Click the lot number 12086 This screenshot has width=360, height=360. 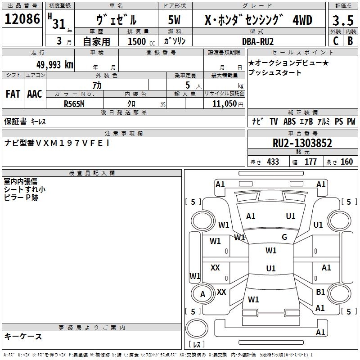click(x=22, y=20)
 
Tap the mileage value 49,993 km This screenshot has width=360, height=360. click(x=51, y=65)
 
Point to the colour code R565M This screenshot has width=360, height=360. click(x=75, y=103)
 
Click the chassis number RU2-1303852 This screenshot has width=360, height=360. click(x=302, y=144)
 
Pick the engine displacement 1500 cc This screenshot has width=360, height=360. click(x=139, y=41)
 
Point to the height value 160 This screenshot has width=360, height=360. click(x=346, y=162)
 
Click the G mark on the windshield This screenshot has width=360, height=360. click(x=284, y=237)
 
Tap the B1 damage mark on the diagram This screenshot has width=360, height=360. click(x=320, y=292)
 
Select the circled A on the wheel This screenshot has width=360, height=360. click(x=202, y=294)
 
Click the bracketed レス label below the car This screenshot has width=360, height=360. click(x=197, y=345)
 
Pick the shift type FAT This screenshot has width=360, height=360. click(x=13, y=94)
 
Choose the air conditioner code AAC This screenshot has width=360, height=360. click(x=35, y=94)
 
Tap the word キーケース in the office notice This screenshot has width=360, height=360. click(x=23, y=336)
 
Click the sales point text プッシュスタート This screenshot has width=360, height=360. click(x=275, y=73)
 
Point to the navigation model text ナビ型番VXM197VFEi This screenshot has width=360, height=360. click(x=57, y=143)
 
